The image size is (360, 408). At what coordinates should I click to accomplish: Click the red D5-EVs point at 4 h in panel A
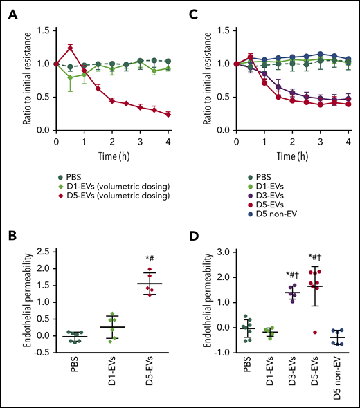click(x=169, y=114)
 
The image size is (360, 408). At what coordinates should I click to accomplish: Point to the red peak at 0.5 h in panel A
click(x=70, y=48)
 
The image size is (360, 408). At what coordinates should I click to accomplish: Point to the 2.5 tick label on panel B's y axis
click(x=30, y=252)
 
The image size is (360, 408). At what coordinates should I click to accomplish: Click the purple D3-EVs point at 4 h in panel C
click(x=348, y=98)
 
